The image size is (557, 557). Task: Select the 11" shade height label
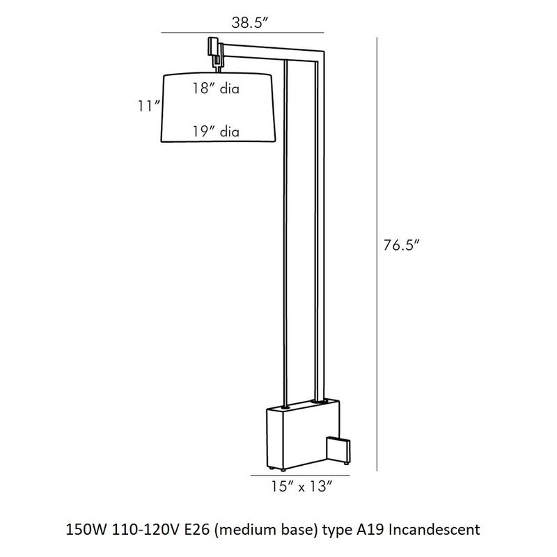tap(148, 106)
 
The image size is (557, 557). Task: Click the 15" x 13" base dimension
tap(301, 487)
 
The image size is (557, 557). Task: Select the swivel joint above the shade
tap(212, 54)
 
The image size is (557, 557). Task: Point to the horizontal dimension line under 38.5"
tap(242, 33)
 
